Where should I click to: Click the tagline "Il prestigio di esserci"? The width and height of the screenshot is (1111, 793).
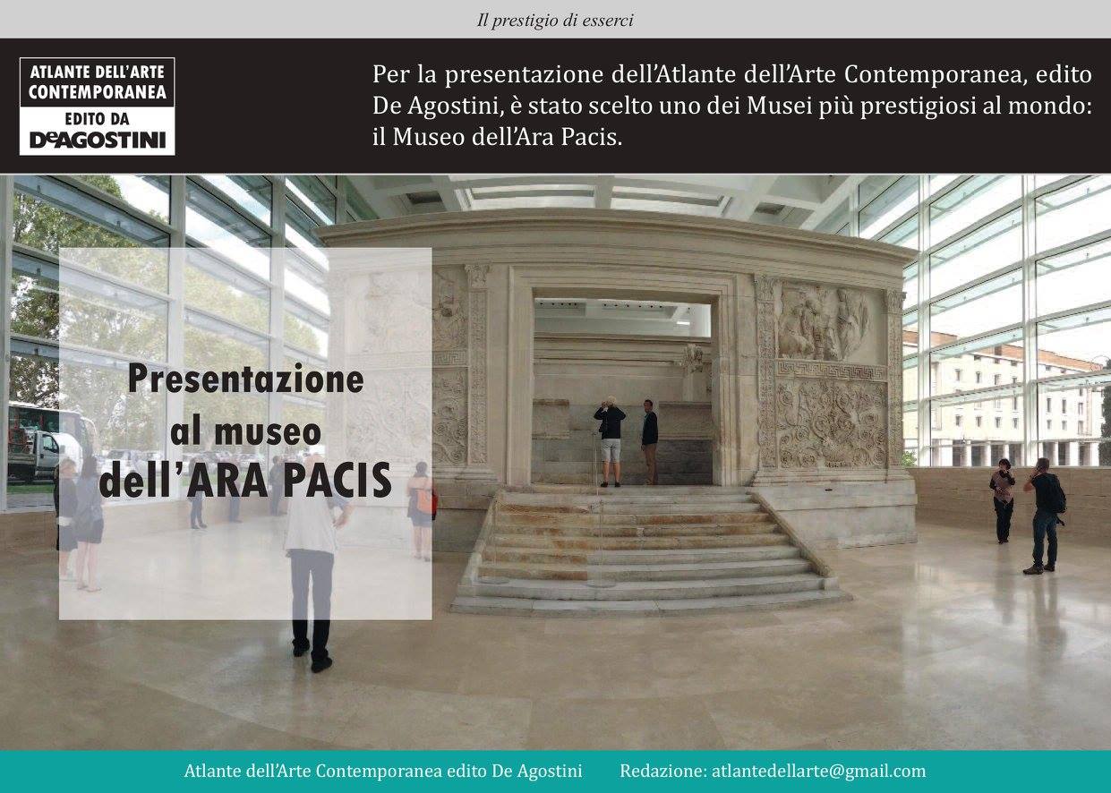tap(555, 21)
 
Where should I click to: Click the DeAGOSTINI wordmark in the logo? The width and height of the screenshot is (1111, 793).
tap(98, 141)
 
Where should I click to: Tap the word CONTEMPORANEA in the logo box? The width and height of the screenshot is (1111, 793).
tap(98, 92)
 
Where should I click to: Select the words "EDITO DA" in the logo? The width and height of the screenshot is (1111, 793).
tap(98, 119)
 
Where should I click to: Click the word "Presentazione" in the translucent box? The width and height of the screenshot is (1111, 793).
tap(246, 379)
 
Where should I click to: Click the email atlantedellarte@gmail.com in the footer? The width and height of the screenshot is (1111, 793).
tap(819, 772)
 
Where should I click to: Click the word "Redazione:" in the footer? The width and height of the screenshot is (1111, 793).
tap(662, 772)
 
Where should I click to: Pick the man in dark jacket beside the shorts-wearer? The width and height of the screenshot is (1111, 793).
tap(649, 441)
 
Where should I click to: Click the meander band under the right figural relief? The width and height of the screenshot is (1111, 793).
tap(832, 371)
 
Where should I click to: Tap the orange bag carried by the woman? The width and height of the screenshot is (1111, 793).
tap(424, 500)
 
